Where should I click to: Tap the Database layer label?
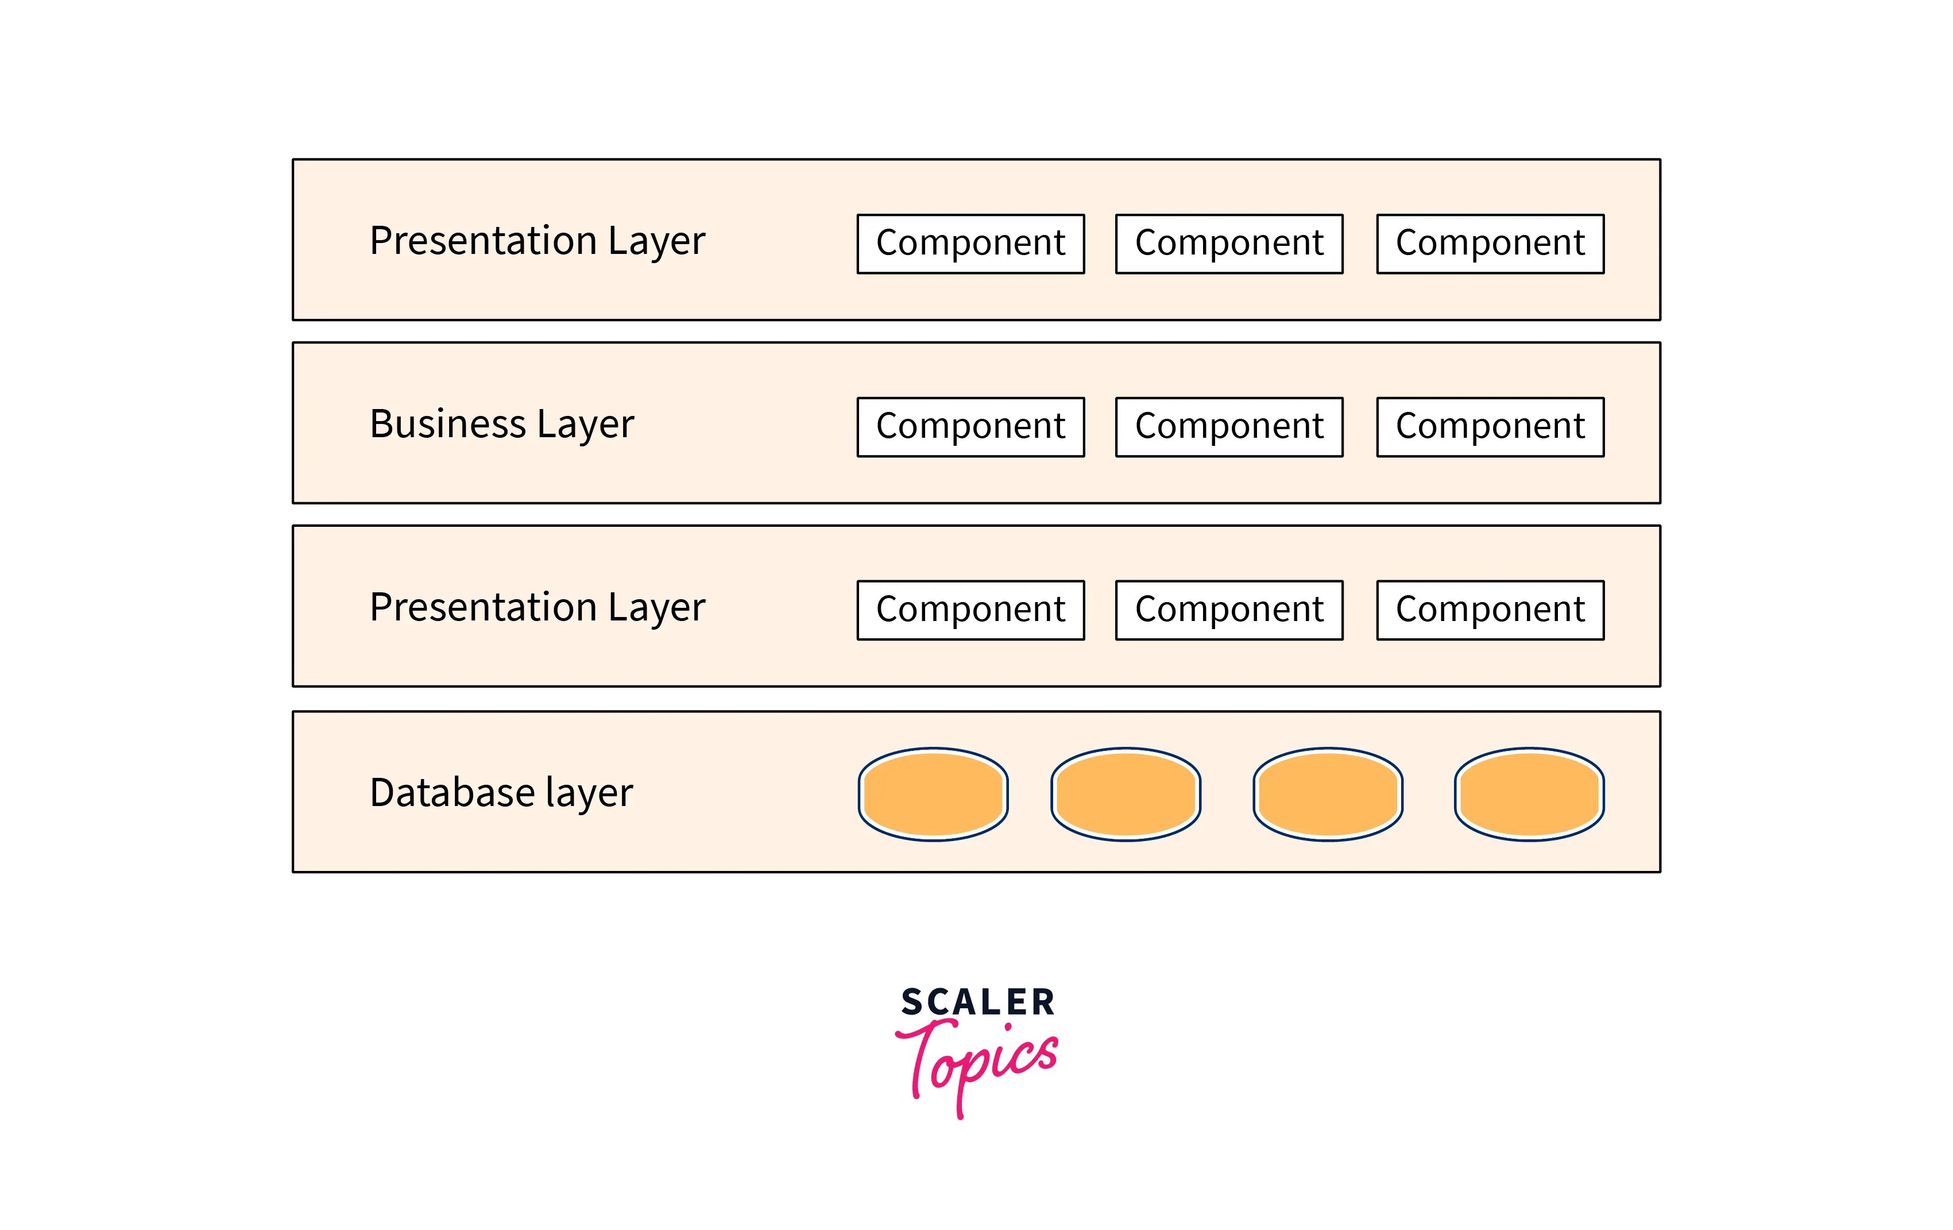(500, 793)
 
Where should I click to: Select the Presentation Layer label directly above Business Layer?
(537, 241)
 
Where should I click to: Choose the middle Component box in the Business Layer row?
(1229, 427)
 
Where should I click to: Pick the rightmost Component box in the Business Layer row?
(1490, 427)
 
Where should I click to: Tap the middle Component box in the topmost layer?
(1229, 244)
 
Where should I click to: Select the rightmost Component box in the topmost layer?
(1490, 244)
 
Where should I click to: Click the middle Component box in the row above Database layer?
(1229, 610)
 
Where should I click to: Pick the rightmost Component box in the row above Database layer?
(1490, 610)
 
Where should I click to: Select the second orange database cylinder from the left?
(1126, 793)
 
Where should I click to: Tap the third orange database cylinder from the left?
(1328, 793)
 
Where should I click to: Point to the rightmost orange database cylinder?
(1529, 793)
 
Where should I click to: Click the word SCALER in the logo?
(977, 1002)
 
